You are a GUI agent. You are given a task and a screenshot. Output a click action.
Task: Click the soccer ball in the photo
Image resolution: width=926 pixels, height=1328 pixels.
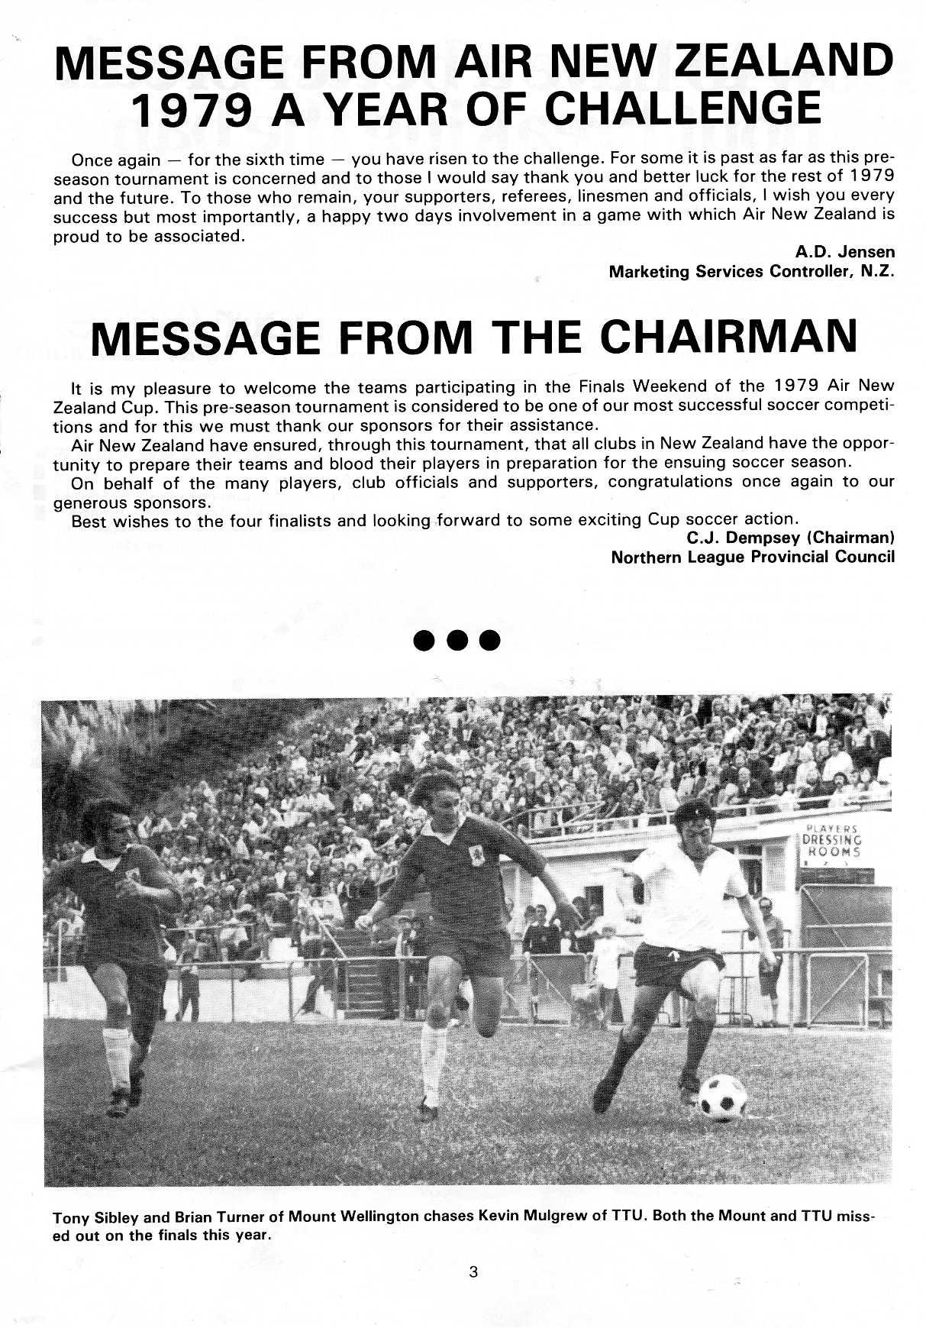pos(721,1096)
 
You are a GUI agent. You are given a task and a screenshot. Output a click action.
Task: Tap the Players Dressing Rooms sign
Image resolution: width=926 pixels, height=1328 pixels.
pos(831,842)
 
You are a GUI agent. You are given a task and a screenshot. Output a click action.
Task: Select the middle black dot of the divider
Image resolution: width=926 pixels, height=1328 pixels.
pos(457,640)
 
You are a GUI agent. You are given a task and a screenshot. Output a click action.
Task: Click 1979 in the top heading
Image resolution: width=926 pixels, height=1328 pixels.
pos(192,108)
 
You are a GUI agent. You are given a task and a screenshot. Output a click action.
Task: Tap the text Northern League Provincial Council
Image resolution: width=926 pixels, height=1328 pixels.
pos(752,557)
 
